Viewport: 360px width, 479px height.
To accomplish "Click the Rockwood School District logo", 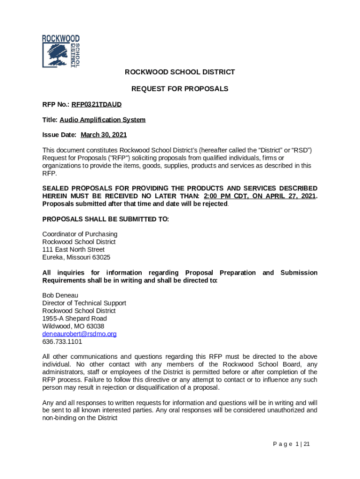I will point(61,51).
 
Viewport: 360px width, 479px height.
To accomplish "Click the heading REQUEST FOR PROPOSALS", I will point(180,88).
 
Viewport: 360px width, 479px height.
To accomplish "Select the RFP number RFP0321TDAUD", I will point(96,104).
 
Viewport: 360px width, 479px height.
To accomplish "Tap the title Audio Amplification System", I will point(102,120).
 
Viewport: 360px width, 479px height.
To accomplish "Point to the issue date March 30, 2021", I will point(104,135).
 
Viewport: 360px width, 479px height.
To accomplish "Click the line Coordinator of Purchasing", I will point(80,234).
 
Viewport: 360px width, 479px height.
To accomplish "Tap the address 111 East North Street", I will point(73,250).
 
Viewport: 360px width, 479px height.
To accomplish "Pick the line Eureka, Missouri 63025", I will point(76,257).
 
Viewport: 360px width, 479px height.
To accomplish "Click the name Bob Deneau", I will point(60,295).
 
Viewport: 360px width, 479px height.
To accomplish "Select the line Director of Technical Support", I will point(84,303).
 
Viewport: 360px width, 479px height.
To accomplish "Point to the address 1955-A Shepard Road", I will point(74,319).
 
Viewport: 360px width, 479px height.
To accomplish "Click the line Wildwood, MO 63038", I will point(73,326).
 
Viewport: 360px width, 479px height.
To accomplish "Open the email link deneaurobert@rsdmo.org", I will point(79,334).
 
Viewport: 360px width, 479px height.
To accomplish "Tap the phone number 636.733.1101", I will point(62,341).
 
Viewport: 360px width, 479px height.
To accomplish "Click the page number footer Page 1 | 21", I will point(291,444).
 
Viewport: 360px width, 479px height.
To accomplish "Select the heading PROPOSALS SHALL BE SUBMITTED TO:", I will point(106,219).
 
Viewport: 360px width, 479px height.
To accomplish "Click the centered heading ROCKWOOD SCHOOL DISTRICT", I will point(180,72).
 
